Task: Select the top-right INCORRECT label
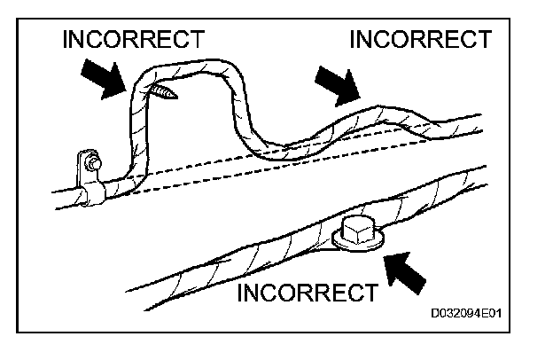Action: click(421, 39)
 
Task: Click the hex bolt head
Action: click(358, 232)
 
